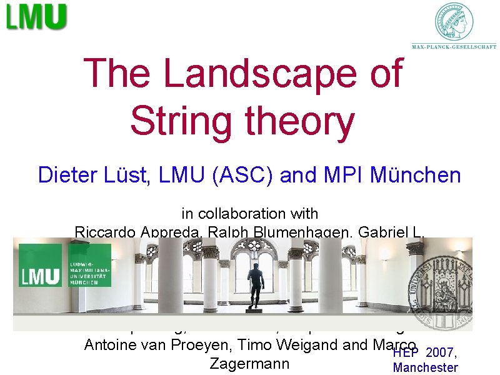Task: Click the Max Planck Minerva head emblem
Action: pyautogui.click(x=454, y=22)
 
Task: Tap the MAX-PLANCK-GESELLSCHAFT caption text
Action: pyautogui.click(x=454, y=46)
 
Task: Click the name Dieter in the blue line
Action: pyautogui.click(x=66, y=175)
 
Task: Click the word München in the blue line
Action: pyautogui.click(x=416, y=175)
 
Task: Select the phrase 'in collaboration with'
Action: pyautogui.click(x=250, y=214)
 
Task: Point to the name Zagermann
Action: pyautogui.click(x=250, y=363)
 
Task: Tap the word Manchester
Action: pyautogui.click(x=425, y=367)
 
